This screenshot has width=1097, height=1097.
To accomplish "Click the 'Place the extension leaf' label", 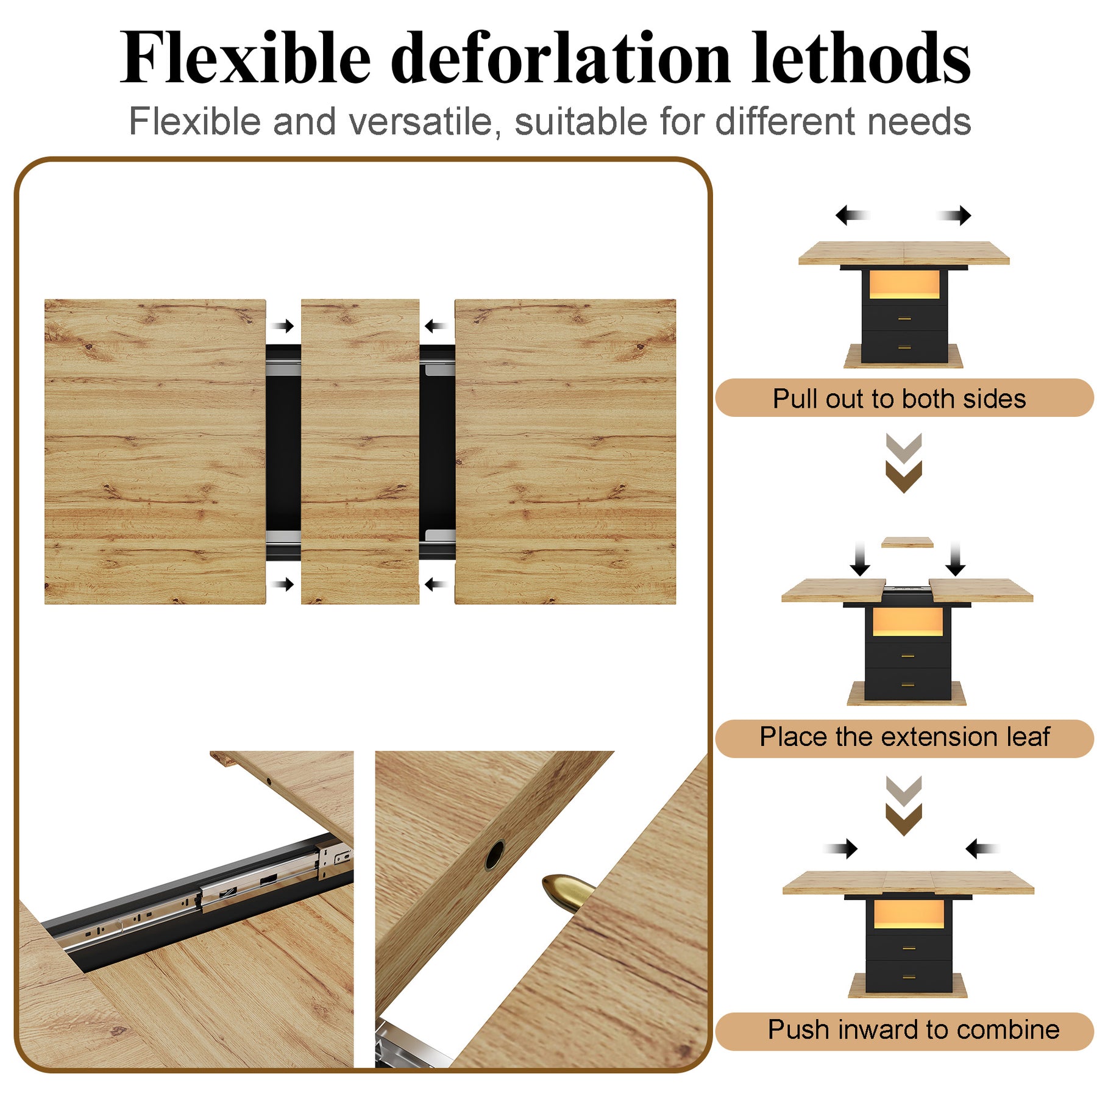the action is pyautogui.click(x=904, y=736).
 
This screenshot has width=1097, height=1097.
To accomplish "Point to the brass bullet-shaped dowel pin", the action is pyautogui.click(x=567, y=891).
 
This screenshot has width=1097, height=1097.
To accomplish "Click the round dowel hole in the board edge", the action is pyautogui.click(x=494, y=854).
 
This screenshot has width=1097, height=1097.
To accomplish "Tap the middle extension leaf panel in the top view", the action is pyautogui.click(x=360, y=452).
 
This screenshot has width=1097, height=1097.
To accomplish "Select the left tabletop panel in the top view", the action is pyautogui.click(x=155, y=452).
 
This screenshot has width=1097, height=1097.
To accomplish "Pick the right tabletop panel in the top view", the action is pyautogui.click(x=566, y=452).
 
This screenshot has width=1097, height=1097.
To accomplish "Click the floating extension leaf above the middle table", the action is pyautogui.click(x=907, y=542).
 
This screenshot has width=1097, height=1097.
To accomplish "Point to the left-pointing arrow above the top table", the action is pyautogui.click(x=852, y=215).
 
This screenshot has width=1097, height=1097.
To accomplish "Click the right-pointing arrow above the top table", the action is pyautogui.click(x=954, y=215).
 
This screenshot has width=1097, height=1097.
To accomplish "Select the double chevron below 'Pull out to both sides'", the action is pyautogui.click(x=904, y=463).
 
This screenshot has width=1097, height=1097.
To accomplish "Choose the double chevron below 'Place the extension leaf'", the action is pyautogui.click(x=904, y=806).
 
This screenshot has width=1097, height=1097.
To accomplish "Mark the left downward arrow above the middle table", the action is pyautogui.click(x=860, y=558).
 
